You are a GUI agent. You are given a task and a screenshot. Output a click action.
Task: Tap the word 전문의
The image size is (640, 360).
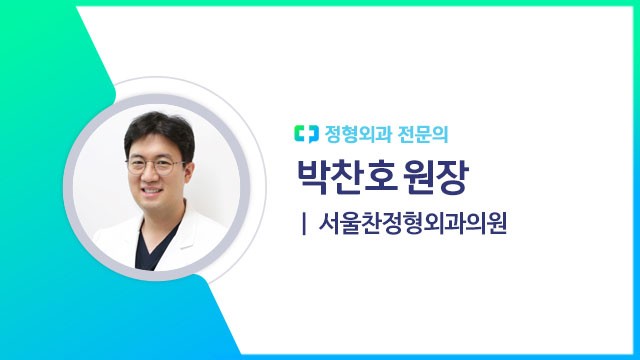click(411, 131)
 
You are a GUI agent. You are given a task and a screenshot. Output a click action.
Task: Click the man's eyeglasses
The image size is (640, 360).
click(156, 162)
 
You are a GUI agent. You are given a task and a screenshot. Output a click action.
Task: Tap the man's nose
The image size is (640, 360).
click(156, 173)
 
